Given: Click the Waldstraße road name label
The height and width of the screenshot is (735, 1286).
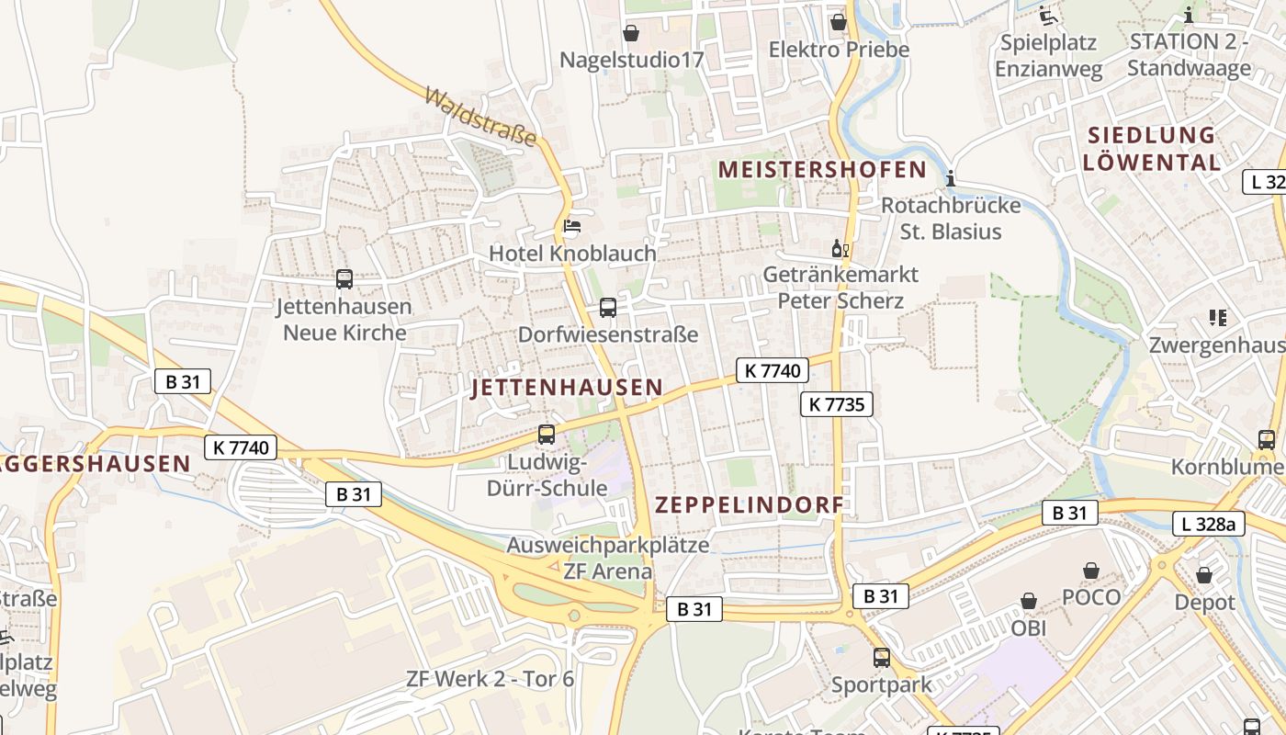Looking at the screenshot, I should pos(480,118).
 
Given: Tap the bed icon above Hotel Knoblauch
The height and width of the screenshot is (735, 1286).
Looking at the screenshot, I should pos(572,226).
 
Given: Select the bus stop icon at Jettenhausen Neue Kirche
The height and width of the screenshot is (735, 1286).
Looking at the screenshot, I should pos(344,279).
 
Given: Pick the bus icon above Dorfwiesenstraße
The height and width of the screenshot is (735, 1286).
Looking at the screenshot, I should pos(608,308).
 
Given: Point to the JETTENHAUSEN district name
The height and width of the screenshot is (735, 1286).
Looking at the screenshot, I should pos(567,388).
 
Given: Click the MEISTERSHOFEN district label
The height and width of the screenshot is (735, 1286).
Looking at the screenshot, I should pos(822,169).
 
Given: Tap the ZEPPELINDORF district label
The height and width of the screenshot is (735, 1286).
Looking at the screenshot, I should pos(749,505).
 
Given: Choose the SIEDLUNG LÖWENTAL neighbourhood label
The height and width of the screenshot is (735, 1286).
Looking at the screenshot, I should pos(1151,148).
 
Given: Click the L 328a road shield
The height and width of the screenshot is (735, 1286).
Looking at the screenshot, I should pos(1209,525).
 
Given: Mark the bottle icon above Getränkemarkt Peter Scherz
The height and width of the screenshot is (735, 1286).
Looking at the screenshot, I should pos(840,248).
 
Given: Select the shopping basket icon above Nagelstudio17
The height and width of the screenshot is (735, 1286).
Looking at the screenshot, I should pos(631,34).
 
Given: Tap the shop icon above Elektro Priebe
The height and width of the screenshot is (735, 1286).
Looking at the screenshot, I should pos(838,22).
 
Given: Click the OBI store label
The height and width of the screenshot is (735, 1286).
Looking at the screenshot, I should pos(1029,628).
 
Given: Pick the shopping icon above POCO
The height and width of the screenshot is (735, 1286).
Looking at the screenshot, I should pos(1091,571).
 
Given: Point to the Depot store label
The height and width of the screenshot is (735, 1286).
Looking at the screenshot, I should pos(1204,603).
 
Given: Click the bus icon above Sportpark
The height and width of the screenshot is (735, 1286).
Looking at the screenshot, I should pos(882,658).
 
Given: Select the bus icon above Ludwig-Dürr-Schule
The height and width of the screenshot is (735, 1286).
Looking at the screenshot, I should pos(547,435).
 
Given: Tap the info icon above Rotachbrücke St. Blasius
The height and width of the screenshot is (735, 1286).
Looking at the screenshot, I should pos(951,178).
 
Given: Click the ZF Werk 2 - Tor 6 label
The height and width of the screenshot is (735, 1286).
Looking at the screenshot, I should pos(490,680).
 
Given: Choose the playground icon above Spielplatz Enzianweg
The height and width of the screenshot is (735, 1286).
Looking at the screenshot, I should pos(1047,16).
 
